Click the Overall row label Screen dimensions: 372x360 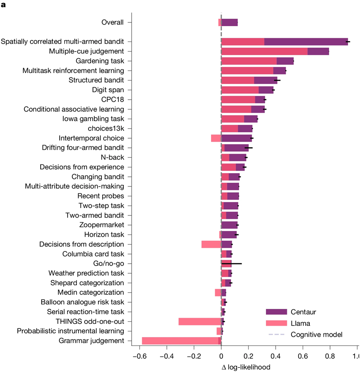113,22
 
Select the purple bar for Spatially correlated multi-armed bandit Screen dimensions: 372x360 306,42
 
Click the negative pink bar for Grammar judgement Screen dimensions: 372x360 180,341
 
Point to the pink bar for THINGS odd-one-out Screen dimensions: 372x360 200,321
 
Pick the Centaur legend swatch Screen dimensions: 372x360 276,311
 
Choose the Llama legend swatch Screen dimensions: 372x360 276,323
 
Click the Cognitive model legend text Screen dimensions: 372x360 316,335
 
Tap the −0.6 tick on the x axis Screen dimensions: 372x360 140,356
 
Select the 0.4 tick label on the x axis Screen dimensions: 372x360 275,356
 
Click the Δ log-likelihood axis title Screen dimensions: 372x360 246,367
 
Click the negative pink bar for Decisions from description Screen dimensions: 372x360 211,244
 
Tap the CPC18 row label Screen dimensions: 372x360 113,99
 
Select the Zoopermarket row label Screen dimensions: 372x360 101,225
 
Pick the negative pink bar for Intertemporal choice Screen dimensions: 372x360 216,138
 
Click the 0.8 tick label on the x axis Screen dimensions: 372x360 330,356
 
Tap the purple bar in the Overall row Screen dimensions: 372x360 230,22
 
